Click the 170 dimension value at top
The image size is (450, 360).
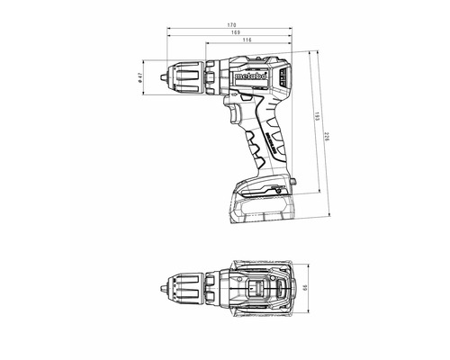pos(232,22)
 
